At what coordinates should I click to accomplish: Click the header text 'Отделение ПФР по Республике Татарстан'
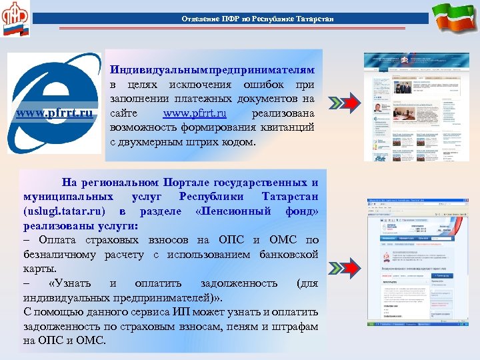point(257,18)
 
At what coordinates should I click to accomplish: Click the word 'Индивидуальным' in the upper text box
point(159,71)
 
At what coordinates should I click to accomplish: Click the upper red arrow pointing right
point(345,104)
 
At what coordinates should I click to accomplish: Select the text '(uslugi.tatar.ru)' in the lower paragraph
point(59,211)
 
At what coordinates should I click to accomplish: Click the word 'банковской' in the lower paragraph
point(288,255)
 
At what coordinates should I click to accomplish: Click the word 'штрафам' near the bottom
point(295,326)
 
